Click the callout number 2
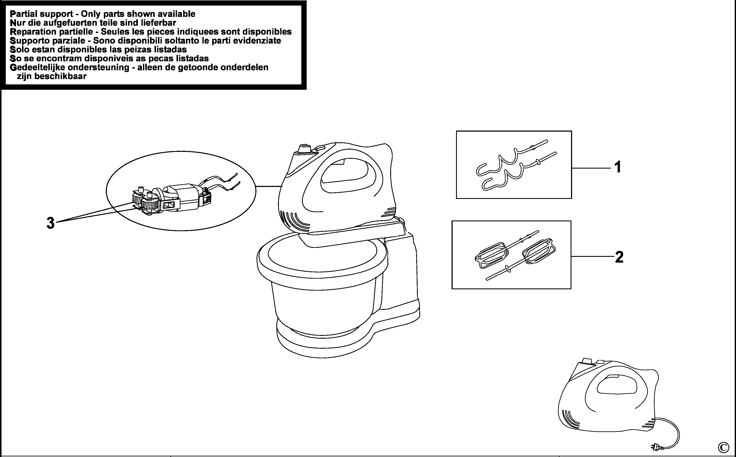pyautogui.click(x=619, y=257)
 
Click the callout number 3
pyautogui.click(x=50, y=223)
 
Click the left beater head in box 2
pyautogui.click(x=491, y=255)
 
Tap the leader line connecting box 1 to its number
pyautogui.click(x=591, y=168)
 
